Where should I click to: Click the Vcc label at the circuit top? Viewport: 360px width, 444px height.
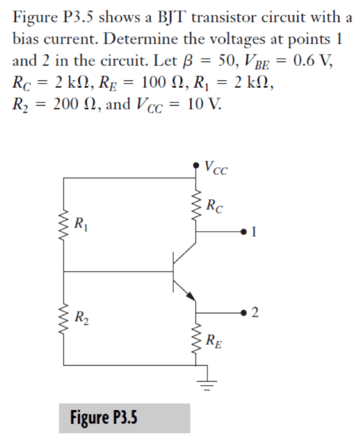215,165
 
